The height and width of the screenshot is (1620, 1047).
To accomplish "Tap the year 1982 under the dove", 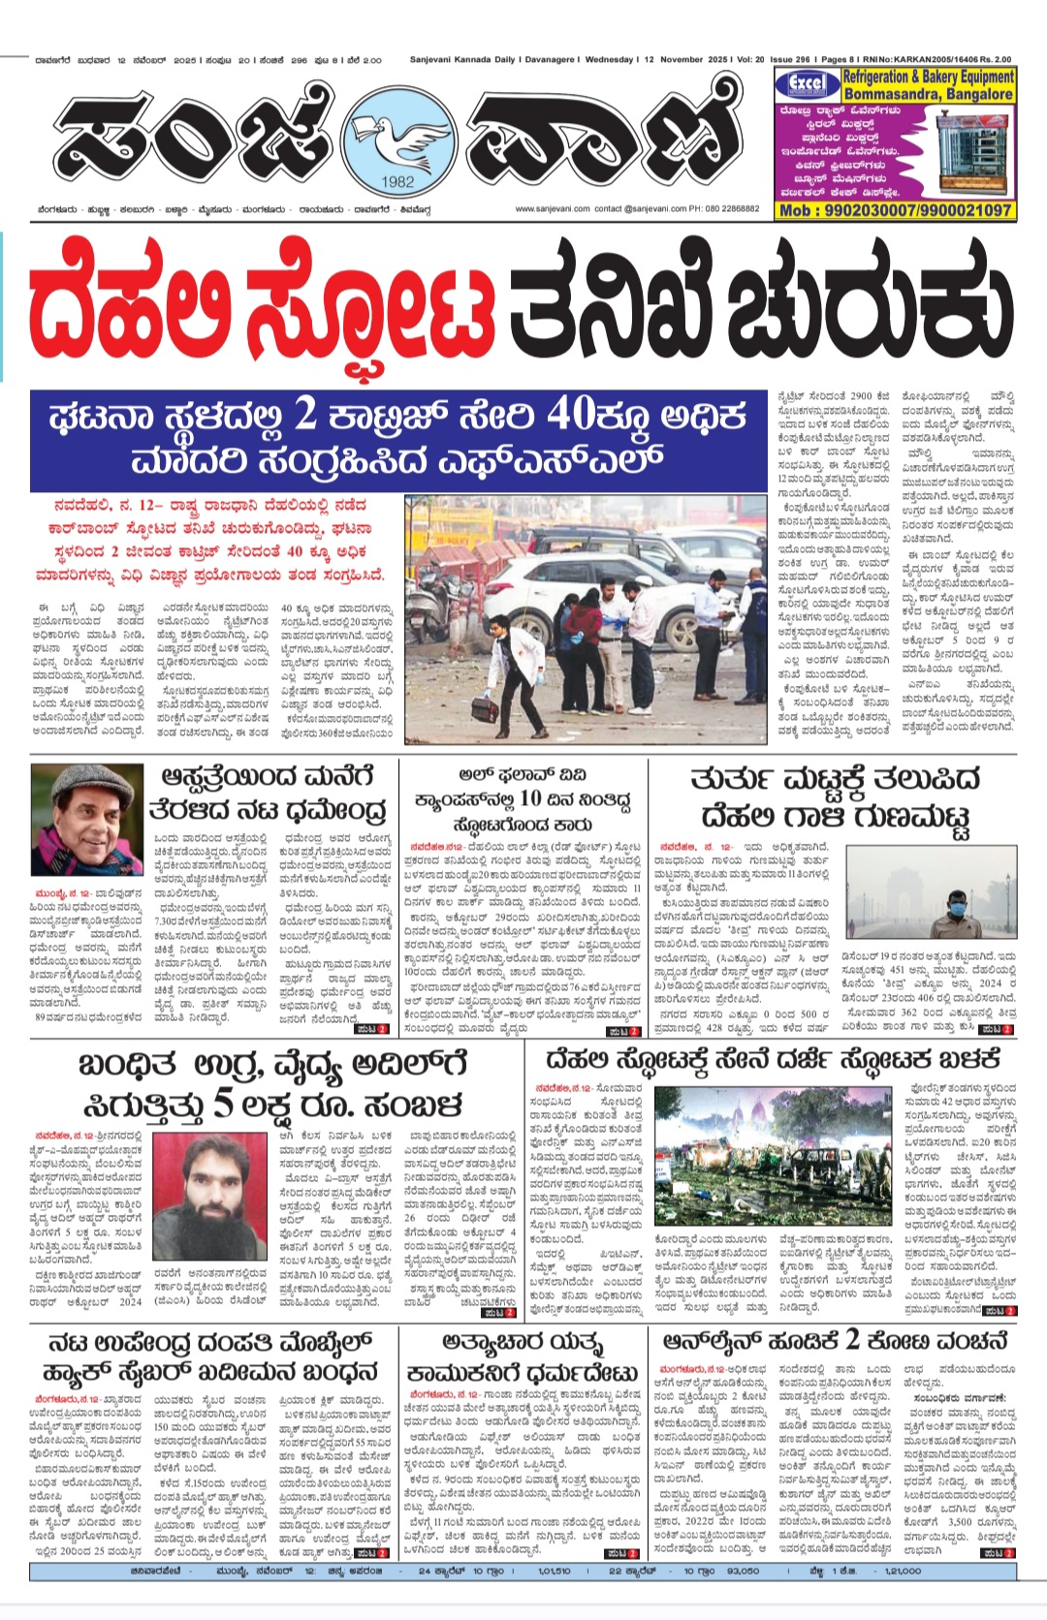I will pos(397,180).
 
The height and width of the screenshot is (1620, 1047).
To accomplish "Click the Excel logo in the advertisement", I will pos(807,83).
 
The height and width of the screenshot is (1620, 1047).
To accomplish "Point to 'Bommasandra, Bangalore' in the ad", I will pos(929,94).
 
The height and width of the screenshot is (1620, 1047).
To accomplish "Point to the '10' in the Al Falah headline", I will pos(529,798).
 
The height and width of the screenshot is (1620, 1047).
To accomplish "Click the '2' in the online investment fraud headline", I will pos(852,1340).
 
